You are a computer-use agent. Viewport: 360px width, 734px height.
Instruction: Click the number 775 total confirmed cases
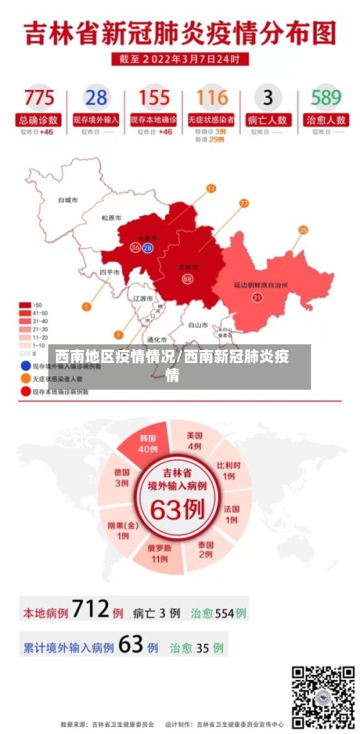point(39,97)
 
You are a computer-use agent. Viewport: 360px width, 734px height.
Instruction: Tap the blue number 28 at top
point(96,97)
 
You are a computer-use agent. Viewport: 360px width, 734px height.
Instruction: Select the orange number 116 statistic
point(211,97)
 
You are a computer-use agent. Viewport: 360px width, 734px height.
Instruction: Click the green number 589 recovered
point(325,97)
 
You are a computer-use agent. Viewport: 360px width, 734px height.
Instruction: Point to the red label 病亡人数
point(268,120)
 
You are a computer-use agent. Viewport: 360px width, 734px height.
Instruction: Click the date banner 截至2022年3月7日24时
point(180,58)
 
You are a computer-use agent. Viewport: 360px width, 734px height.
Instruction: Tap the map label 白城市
point(68,200)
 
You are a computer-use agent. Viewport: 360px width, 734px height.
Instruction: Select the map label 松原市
point(111,218)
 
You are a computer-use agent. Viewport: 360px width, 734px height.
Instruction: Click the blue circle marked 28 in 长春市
point(148,248)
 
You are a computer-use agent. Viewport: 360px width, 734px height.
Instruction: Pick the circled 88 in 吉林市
point(187,279)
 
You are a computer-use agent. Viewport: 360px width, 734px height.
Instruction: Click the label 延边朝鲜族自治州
point(261,285)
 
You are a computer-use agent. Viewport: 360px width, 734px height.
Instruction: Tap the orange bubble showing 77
point(243,204)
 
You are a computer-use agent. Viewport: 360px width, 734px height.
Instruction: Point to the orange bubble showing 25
point(303,230)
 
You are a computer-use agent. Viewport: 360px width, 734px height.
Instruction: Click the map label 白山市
point(198,325)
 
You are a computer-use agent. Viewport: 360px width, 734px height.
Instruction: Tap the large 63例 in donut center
point(177,510)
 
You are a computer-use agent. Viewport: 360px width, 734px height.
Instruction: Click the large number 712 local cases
point(90,611)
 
